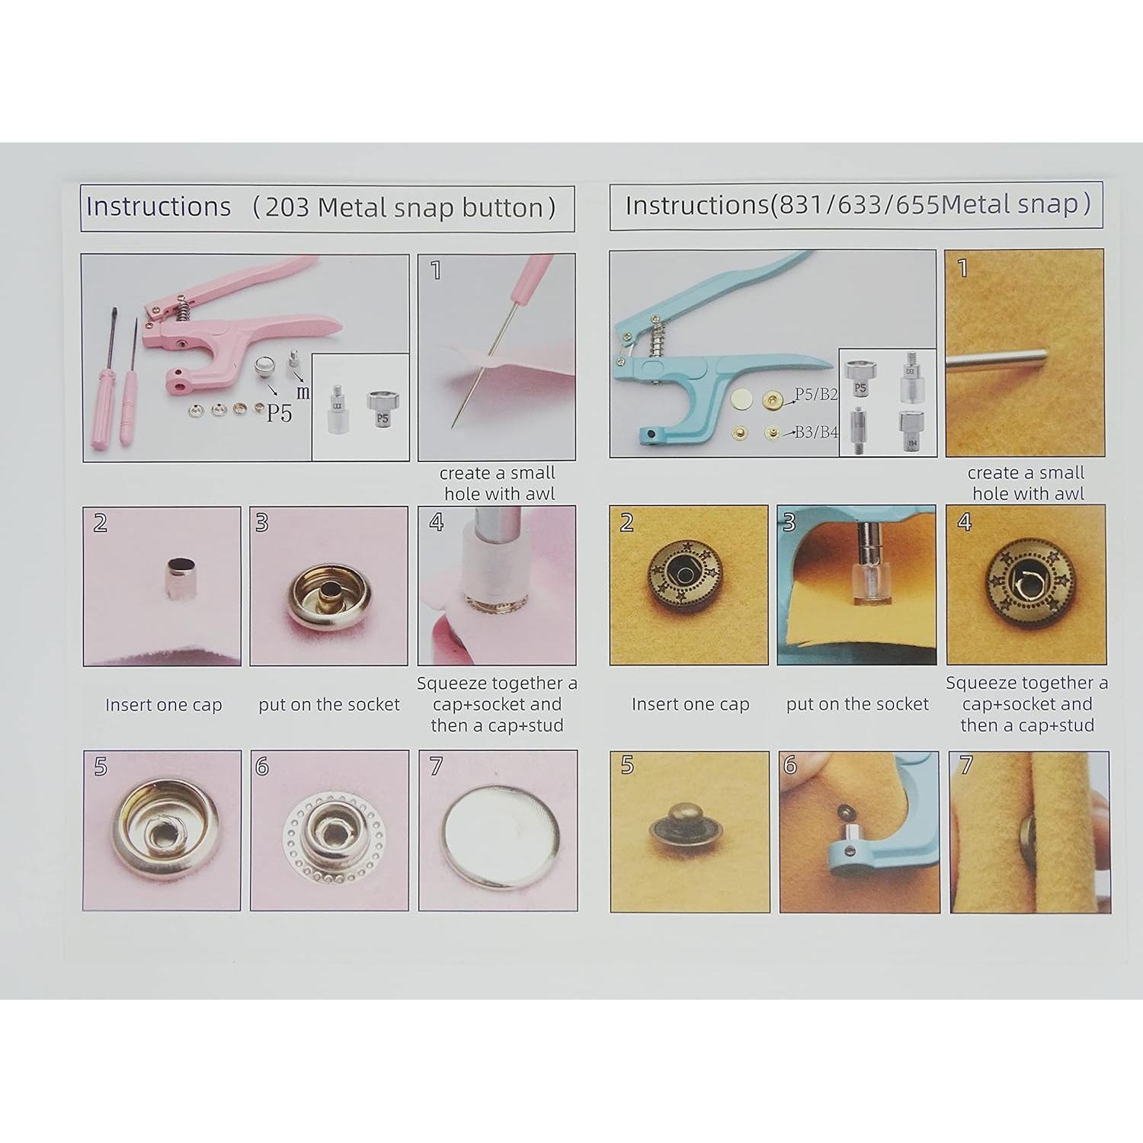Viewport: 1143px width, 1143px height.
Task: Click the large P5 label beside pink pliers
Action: tap(278, 413)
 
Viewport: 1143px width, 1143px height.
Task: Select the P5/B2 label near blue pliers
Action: tap(816, 395)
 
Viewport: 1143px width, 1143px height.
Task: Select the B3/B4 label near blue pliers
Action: tap(816, 433)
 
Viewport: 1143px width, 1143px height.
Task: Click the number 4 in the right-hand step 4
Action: tap(965, 523)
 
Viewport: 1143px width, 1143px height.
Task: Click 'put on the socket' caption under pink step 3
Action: tap(328, 705)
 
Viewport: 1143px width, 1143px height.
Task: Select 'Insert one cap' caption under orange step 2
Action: tap(690, 705)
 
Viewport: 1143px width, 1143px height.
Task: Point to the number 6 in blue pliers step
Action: tap(790, 765)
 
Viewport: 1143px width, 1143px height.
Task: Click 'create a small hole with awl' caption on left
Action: tap(498, 483)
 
